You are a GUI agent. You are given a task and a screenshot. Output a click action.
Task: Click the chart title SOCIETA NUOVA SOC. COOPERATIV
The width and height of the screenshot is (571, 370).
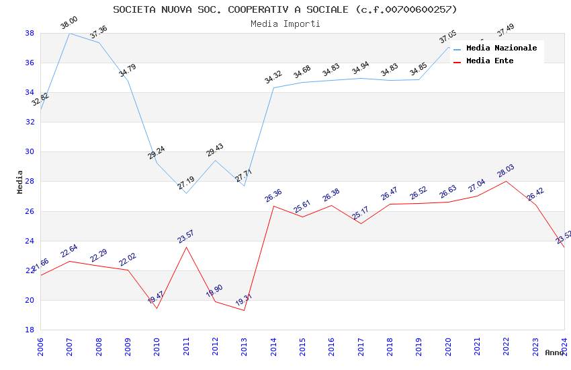(285, 9)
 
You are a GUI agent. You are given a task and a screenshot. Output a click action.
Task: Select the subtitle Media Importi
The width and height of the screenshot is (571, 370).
(285, 24)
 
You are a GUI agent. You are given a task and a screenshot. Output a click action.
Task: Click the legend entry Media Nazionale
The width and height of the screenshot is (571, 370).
(501, 48)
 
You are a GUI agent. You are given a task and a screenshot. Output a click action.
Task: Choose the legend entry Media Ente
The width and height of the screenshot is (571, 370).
(489, 61)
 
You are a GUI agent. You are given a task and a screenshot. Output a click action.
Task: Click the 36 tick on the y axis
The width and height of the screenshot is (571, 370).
(30, 63)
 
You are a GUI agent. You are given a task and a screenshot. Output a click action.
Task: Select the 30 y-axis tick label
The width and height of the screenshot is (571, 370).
(30, 152)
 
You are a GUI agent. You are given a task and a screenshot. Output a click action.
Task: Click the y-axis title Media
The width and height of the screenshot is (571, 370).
(20, 182)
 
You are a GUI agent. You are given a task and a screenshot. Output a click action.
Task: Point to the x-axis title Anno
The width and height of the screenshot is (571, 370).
(554, 353)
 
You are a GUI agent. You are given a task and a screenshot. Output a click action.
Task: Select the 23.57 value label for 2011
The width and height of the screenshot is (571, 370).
(185, 236)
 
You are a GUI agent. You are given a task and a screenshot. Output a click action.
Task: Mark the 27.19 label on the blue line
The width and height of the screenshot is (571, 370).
(186, 182)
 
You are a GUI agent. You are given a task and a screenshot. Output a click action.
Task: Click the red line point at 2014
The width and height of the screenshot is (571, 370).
(273, 206)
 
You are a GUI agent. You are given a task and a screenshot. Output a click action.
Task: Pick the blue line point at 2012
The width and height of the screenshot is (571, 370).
(215, 160)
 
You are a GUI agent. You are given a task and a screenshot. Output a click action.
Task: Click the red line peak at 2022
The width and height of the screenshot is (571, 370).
(506, 181)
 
